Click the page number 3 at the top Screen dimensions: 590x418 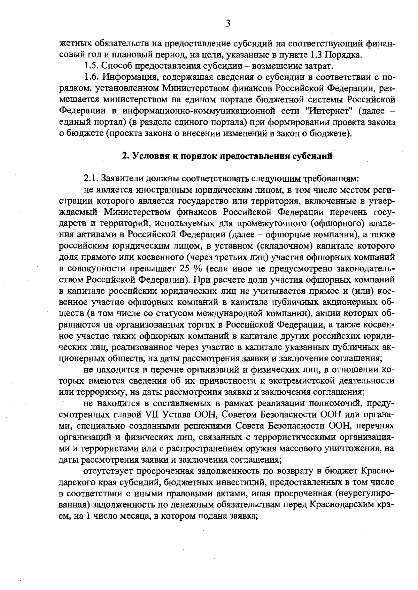227,24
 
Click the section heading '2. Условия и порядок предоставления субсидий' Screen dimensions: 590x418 227,156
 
